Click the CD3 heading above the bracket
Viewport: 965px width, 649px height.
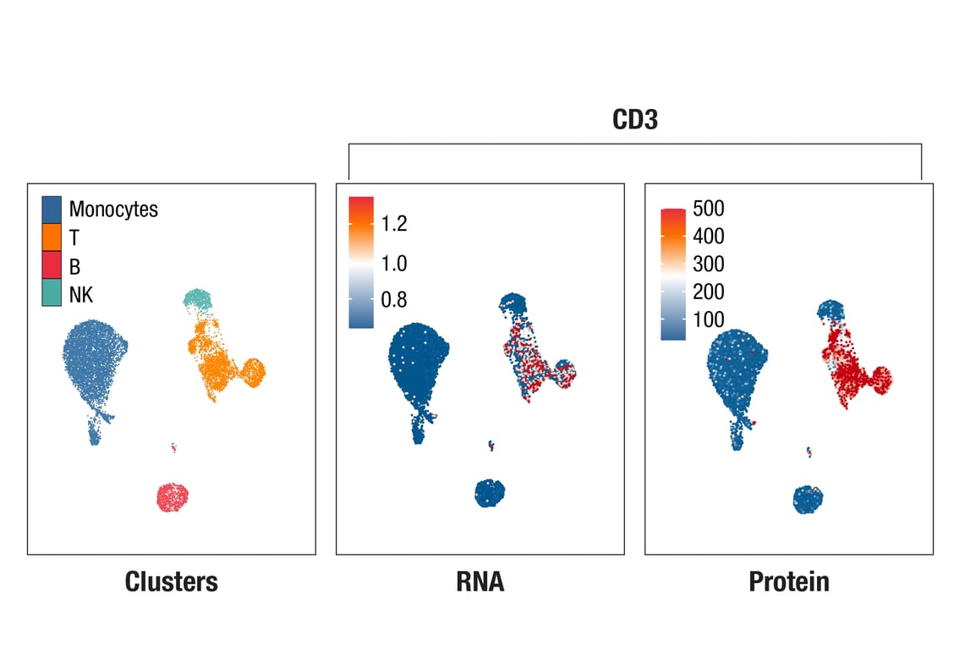pos(634,120)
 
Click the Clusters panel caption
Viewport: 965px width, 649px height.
pos(171,581)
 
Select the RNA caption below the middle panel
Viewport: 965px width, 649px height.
pos(480,581)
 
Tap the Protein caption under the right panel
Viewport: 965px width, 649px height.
pos(788,581)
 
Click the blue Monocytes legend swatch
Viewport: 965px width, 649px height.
pos(52,209)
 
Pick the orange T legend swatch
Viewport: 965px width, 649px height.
pos(52,237)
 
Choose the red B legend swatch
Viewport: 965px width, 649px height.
pos(52,266)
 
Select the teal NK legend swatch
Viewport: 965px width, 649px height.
pos(52,294)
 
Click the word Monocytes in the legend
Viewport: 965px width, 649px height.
pos(113,209)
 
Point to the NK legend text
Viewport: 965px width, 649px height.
pos(81,295)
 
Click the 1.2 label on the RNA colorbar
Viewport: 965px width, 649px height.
pos(394,224)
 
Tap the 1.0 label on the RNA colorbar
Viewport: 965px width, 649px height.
pos(394,264)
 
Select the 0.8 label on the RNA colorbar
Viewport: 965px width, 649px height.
pos(394,300)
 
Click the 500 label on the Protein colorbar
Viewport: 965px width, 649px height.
pos(707,209)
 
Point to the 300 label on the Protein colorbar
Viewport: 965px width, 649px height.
pos(707,265)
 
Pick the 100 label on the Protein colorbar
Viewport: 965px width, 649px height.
pos(707,319)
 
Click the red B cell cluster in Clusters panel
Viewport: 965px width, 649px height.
pos(172,497)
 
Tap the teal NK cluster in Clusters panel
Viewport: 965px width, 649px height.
pos(198,298)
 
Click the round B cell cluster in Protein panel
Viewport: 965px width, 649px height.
pos(808,499)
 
